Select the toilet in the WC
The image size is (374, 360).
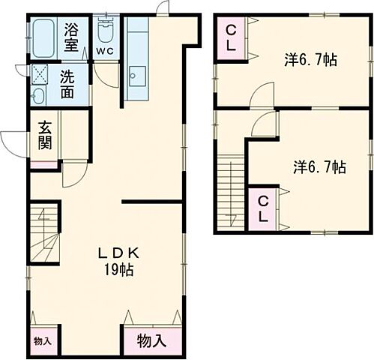click(105, 31)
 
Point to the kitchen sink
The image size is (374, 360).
click(137, 76)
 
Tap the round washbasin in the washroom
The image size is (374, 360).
click(37, 95)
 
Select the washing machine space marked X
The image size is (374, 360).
click(38, 74)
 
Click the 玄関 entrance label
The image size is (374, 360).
click(44, 136)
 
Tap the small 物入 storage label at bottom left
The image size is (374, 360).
click(43, 340)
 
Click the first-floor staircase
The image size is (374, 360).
click(46, 235)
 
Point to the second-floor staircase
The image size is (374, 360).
click(232, 190)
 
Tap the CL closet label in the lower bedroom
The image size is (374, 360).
click(263, 209)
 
